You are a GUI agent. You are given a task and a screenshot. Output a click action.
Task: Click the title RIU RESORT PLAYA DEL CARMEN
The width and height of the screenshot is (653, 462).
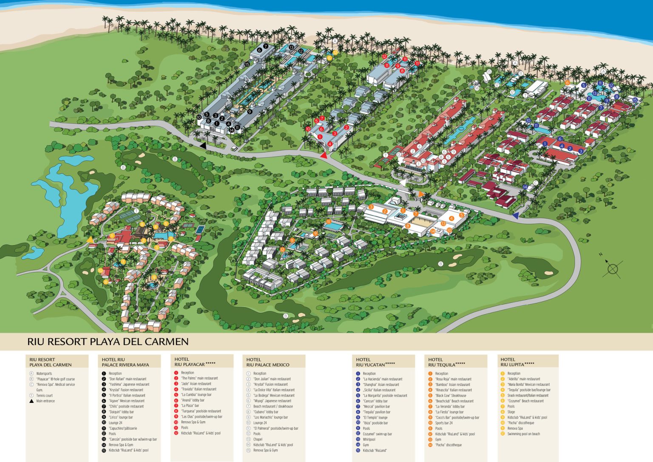pos(108,342)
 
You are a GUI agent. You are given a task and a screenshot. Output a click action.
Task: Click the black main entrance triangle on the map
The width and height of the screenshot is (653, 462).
pos(203,145)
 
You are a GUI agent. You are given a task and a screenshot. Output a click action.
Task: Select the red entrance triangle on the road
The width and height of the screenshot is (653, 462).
pos(324,155)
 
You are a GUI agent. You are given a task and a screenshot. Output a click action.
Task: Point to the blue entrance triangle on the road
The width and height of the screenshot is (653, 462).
pos(515,216)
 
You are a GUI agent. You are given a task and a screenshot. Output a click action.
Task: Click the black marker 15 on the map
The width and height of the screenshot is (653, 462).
pos(247,65)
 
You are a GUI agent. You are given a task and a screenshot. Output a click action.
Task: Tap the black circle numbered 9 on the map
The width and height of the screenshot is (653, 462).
pos(250,112)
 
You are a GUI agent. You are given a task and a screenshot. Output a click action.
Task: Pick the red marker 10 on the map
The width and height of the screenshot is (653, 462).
pos(308,129)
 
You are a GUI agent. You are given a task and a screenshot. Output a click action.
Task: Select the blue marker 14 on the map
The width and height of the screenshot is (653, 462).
pos(525,187)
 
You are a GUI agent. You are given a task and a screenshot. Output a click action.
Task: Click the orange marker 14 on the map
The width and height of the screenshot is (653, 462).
pos(433,231)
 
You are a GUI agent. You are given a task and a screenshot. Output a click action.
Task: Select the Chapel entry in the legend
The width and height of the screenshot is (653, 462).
pos(258,439)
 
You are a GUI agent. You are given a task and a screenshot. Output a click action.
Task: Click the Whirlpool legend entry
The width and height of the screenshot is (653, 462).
pos(369,439)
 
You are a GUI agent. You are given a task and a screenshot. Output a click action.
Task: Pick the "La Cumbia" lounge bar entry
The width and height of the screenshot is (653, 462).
pos(196,395)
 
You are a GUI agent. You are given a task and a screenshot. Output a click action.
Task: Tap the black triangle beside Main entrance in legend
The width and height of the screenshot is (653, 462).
pos(31,401)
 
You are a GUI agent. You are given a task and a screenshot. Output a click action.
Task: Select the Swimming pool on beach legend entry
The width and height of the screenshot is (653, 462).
pos(523,434)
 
